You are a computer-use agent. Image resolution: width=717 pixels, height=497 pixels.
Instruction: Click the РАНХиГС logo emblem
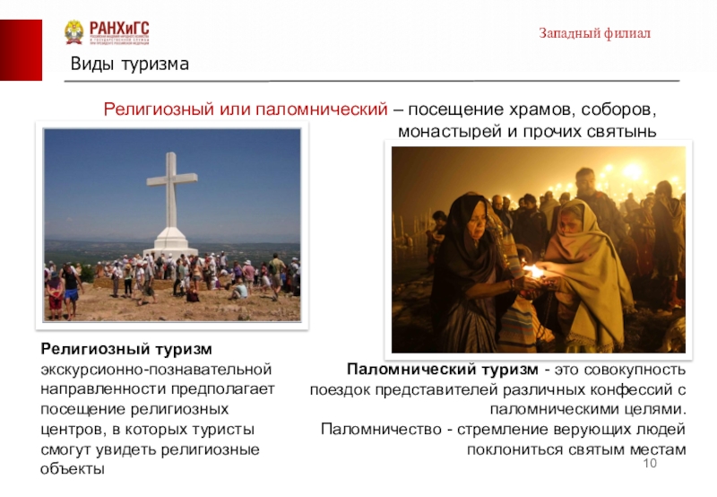(73, 32)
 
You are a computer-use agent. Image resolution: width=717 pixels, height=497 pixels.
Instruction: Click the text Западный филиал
(594, 33)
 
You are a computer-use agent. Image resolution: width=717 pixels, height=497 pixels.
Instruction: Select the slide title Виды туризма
(130, 65)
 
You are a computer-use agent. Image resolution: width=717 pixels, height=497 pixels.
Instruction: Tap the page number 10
(651, 462)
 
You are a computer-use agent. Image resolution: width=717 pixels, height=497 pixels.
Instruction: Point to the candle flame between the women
(535, 270)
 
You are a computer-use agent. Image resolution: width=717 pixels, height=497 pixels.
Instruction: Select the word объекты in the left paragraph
(72, 469)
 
